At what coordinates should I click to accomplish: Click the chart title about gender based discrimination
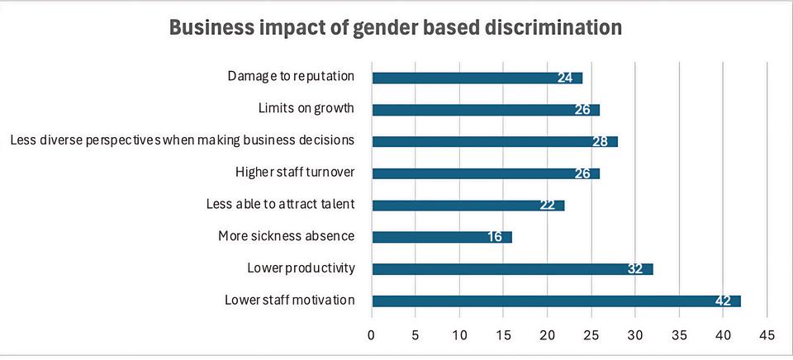396,27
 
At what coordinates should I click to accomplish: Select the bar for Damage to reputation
477,78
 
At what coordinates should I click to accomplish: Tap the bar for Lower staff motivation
556,301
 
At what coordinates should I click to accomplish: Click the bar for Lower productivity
512,268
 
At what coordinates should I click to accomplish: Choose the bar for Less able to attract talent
468,205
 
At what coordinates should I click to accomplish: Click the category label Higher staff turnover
295,173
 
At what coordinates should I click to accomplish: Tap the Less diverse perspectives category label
183,140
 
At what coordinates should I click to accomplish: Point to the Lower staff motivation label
290,299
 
